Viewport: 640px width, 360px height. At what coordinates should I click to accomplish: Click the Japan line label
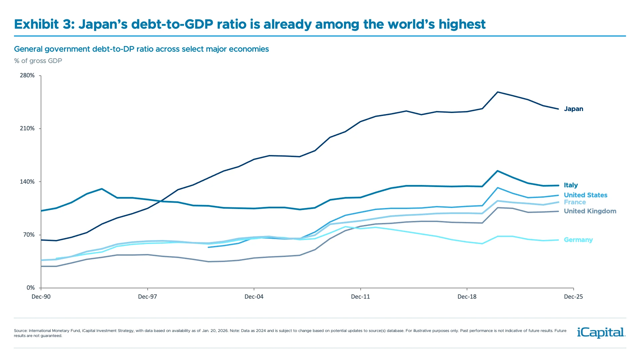[573, 109]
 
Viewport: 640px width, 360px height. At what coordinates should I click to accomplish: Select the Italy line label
[571, 185]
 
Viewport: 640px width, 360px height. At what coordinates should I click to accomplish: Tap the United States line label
[585, 195]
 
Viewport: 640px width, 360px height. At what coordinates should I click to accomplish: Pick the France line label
[575, 202]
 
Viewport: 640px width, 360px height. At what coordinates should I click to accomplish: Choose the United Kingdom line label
[590, 211]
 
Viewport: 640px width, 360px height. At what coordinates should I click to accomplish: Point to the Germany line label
[578, 240]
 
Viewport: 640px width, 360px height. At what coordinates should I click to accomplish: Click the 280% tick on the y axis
[27, 76]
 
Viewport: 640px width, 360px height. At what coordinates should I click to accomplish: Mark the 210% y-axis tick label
[27, 129]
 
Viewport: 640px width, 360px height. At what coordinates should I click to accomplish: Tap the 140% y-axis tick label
[27, 182]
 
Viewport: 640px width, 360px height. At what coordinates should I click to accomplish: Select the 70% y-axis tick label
[29, 235]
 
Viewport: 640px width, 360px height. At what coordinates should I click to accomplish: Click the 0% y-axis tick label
[31, 288]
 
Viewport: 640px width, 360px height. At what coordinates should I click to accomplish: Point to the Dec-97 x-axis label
[147, 297]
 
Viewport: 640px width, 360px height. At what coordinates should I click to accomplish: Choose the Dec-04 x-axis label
[254, 297]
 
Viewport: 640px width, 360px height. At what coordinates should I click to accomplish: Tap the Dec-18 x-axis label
[467, 297]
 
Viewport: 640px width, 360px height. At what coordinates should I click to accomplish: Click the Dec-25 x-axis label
[573, 297]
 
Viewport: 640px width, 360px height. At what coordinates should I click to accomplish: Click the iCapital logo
[601, 332]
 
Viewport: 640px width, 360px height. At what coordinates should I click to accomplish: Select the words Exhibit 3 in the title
[44, 24]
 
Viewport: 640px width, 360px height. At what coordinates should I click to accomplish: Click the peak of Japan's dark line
[498, 92]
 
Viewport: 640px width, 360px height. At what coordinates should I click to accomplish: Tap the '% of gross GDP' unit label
[38, 61]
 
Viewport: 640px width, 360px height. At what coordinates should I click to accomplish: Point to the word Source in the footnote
[20, 331]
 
